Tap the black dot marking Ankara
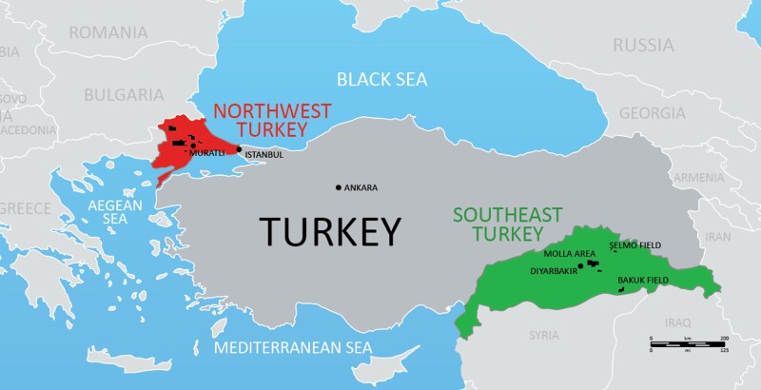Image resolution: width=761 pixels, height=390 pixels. (339, 187)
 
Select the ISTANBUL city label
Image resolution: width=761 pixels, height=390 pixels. (263, 154)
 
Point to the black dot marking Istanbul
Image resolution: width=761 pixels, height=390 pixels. (239, 149)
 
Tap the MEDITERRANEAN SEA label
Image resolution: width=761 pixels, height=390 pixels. (292, 347)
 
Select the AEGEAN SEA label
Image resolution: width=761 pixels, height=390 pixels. (114, 211)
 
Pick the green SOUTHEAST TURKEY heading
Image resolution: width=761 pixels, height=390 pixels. (507, 224)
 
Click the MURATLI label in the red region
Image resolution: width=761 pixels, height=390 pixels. (206, 153)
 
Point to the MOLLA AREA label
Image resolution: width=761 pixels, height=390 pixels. (569, 254)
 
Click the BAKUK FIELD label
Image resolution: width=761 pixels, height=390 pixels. (644, 280)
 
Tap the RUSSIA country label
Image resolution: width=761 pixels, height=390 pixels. (642, 45)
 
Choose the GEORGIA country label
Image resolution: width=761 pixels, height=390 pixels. (652, 113)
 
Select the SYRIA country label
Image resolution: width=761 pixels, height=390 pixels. (544, 335)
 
